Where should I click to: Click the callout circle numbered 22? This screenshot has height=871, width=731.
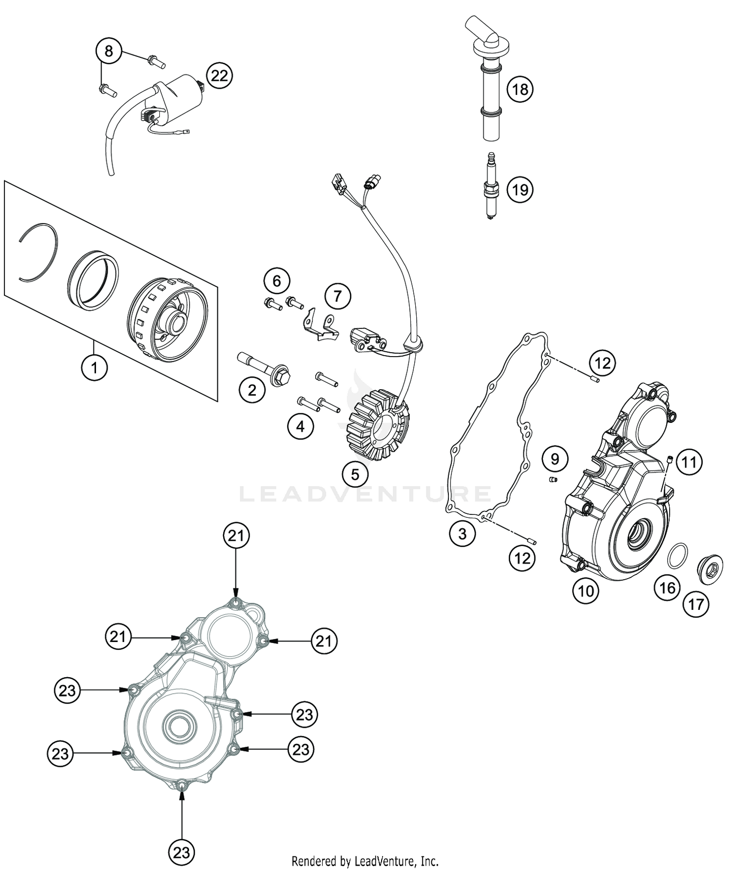coord(219,76)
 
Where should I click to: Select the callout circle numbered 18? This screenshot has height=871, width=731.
coord(520,89)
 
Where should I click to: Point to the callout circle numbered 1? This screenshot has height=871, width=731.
coord(94,368)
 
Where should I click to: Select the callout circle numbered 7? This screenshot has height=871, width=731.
coord(338,296)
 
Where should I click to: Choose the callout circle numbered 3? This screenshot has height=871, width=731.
coord(462,533)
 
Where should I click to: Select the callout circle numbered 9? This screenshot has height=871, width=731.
coord(555,458)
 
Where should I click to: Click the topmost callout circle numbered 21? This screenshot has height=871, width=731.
coord(236,536)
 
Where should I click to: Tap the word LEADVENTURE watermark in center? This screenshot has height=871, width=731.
coord(365,493)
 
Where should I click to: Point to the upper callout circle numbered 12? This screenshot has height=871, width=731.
coord(602,362)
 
